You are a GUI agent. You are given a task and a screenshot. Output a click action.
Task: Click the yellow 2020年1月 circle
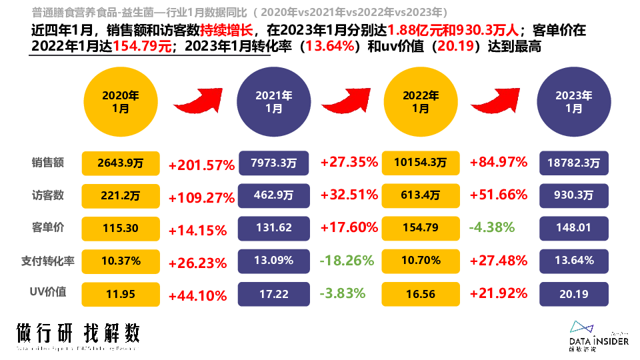coord(120,101)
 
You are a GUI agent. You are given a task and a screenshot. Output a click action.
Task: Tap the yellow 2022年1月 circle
coord(421,101)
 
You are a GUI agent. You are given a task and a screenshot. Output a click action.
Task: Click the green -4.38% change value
coord(492,227)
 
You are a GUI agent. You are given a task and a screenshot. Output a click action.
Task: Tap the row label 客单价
coord(48,227)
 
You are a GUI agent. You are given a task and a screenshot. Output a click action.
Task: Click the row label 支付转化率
coord(48,261)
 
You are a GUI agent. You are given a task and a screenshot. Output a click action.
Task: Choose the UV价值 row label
coord(48,293)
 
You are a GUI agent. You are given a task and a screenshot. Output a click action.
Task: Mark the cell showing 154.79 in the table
coord(421,227)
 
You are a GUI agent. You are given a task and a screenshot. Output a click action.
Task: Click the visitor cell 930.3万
coord(573,195)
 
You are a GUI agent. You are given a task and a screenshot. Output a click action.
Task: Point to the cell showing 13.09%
coord(273,260)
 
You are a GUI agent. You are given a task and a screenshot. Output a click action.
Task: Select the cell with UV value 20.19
coord(573,293)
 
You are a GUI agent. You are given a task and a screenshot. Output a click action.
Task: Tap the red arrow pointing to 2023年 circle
coord(497,100)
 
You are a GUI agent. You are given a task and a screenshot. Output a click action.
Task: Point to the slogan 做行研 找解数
coord(79,333)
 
